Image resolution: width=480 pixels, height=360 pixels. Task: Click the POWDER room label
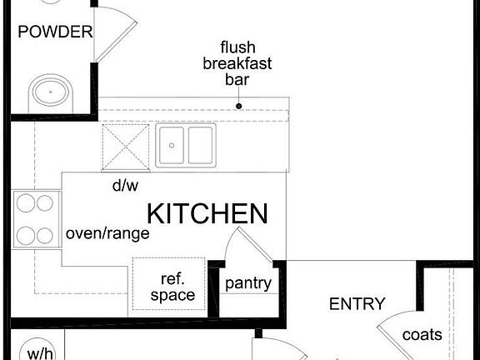click(x=55, y=32)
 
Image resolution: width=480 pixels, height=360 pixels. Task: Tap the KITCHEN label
click(x=207, y=213)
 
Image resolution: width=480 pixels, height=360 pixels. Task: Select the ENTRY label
click(x=357, y=304)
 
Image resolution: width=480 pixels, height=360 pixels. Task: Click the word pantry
click(x=248, y=284)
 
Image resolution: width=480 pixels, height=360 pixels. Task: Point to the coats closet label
click(x=422, y=335)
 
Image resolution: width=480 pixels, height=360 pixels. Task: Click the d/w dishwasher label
click(x=126, y=185)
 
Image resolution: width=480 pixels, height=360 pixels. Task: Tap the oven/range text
click(x=107, y=234)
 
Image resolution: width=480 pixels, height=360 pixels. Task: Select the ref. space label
click(x=172, y=287)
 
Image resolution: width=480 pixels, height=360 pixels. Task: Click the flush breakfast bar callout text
click(x=237, y=63)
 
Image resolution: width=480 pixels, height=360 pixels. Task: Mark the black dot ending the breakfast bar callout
click(x=239, y=106)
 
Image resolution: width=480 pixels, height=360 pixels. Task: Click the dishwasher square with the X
click(x=126, y=147)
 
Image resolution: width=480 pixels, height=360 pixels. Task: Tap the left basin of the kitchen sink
click(x=172, y=145)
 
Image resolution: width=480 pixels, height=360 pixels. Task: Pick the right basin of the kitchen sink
click(x=200, y=145)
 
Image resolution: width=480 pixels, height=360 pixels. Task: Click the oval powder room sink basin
click(x=51, y=92)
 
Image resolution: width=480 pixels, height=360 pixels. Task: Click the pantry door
click(x=255, y=245)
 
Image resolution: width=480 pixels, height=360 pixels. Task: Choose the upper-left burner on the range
click(x=26, y=203)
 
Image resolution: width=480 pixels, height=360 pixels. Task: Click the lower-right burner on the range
click(x=45, y=236)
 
